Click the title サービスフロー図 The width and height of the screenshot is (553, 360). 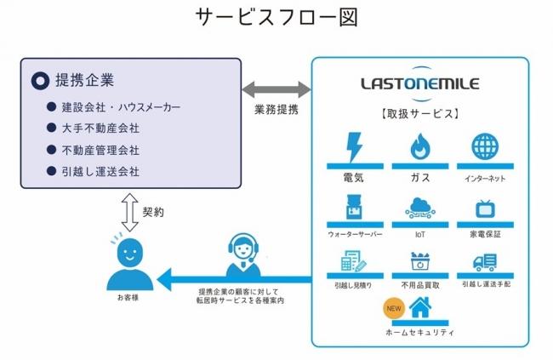coord(276,17)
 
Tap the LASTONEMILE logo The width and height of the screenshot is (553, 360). coord(420,83)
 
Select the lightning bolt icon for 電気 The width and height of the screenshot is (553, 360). coord(354,147)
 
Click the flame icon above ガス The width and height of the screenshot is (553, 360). coord(420,146)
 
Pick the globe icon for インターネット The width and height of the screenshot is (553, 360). coord(485,146)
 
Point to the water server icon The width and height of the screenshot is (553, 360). coord(355,207)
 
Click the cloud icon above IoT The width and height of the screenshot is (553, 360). coord(420,208)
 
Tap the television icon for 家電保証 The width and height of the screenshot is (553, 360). coord(485,209)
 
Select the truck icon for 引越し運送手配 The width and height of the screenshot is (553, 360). coord(485,262)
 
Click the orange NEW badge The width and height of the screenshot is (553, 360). coord(394,308)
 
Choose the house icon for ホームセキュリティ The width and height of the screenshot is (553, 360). coord(421,307)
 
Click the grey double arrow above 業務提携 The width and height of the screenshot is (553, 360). coord(276,89)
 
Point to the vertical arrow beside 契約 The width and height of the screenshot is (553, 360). coord(129,212)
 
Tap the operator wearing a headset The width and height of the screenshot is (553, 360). coord(243,254)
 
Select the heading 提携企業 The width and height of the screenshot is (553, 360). coord(84,81)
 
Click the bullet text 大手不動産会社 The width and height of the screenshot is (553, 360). coord(100,129)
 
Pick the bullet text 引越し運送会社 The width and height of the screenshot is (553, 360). coord(100,172)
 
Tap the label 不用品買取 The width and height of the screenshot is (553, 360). coord(420,285)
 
